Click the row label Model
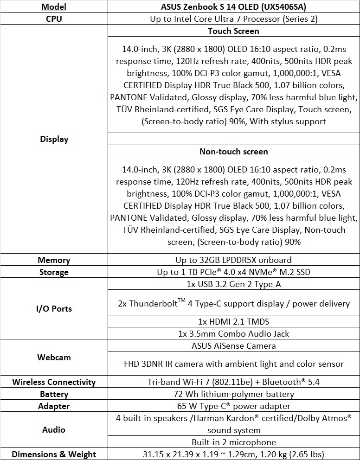pyautogui.click(x=54, y=6)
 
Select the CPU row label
pyautogui.click(x=54, y=19)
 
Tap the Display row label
pyautogui.click(x=54, y=139)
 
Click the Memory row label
pyautogui.click(x=54, y=260)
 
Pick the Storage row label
pyautogui.click(x=54, y=272)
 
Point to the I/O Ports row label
pyautogui.click(x=54, y=309)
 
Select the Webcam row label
pyautogui.click(x=54, y=358)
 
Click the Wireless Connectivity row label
pyautogui.click(x=54, y=382)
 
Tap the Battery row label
pyautogui.click(x=54, y=394)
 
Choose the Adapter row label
pyautogui.click(x=54, y=406)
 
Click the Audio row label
pyautogui.click(x=54, y=430)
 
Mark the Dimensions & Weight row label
pyautogui.click(x=54, y=454)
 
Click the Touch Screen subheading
pyautogui.click(x=233, y=31)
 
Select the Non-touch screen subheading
pyautogui.click(x=233, y=152)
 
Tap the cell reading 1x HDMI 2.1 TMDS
pyautogui.click(x=233, y=321)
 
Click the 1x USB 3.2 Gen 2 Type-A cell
pyautogui.click(x=233, y=284)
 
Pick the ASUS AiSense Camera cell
pyautogui.click(x=233, y=345)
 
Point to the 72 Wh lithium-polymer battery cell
pyautogui.click(x=233, y=394)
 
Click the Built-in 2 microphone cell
pyautogui.click(x=233, y=442)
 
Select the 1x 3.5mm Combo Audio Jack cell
pyautogui.click(x=233, y=333)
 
